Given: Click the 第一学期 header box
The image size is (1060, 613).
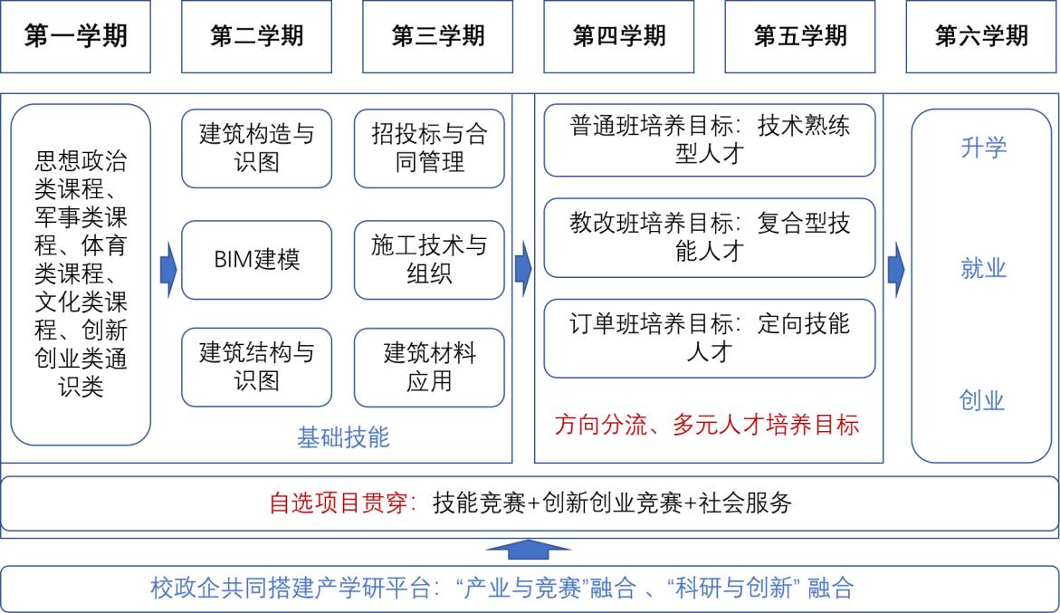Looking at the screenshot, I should (76, 36).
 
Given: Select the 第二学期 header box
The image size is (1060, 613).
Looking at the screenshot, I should (257, 36).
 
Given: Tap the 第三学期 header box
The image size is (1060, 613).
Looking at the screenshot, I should (438, 36).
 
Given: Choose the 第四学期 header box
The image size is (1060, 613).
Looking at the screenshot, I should (619, 36).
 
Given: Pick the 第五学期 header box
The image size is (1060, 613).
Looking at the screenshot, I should (800, 36).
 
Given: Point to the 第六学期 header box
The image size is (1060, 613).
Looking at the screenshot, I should (982, 36).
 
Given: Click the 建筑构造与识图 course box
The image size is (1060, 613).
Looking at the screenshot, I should (257, 148).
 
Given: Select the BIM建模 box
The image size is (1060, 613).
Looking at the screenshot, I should (257, 260).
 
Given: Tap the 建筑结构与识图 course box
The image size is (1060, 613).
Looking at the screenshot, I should (257, 367).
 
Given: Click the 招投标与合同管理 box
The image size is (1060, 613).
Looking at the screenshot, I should (429, 148).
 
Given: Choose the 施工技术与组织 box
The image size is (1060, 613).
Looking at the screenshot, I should (429, 260).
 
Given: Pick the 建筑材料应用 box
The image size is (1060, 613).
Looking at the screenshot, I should (429, 367).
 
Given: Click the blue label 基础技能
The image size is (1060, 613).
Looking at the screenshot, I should (343, 438).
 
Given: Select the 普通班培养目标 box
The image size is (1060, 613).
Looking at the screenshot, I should (710, 139).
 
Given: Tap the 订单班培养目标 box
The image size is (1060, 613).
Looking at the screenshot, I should (710, 338).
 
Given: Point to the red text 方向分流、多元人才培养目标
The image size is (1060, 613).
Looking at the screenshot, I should (708, 425).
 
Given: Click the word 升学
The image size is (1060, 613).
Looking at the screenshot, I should (983, 148).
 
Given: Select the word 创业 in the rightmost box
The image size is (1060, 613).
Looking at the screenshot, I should (983, 400).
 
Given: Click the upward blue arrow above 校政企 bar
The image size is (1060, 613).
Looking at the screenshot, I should (529, 549).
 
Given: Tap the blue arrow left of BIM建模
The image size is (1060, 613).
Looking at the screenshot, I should (168, 269).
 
